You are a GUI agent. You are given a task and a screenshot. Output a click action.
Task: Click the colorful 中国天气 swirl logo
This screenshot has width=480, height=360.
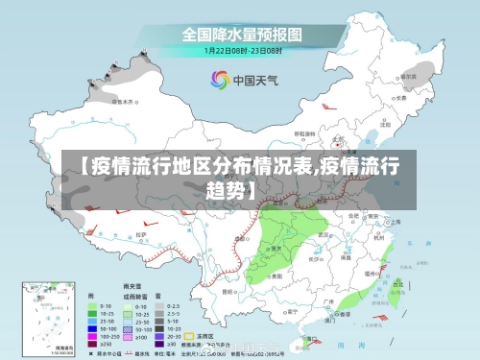click(220, 80)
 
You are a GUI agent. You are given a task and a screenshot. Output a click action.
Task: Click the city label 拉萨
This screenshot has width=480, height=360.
click(141, 233)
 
